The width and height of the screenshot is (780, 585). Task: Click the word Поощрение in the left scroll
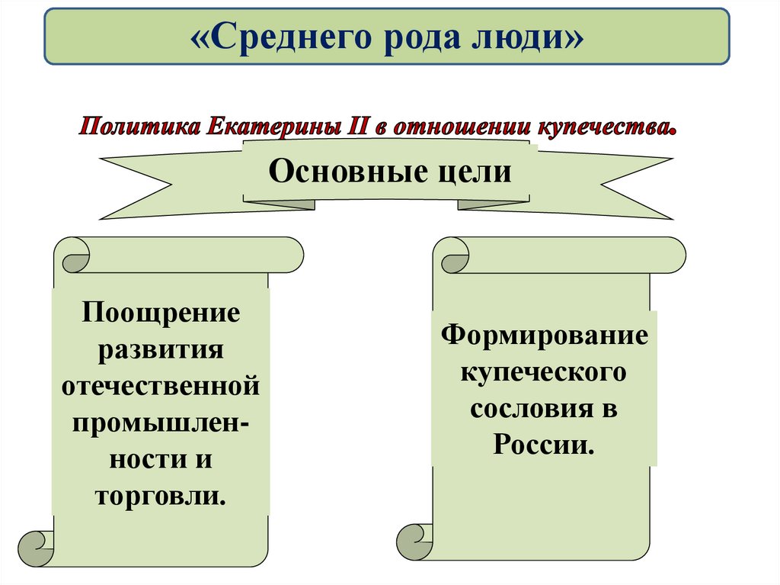(161, 313)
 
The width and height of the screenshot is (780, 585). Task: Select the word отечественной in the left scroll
(161, 386)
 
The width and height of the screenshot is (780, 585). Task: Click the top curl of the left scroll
(72, 255)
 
